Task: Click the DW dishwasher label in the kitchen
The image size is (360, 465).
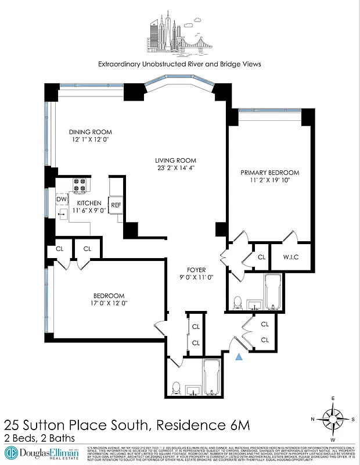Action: pos(60,199)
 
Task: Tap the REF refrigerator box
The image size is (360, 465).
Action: pos(116,205)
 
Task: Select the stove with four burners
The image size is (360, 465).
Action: pos(79,185)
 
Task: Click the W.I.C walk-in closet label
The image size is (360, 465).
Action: pos(291,256)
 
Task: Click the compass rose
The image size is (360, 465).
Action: pos(333,419)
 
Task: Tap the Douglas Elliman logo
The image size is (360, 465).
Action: pos(42,452)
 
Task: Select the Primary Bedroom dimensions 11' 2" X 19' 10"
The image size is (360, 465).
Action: pos(270,181)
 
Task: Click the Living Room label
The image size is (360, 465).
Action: pos(175,160)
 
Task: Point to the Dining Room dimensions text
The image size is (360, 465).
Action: pos(90,140)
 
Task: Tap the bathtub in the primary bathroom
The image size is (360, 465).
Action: pos(273,292)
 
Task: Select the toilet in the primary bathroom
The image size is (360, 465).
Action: pos(237,302)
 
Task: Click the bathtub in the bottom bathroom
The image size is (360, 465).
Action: pos(211,377)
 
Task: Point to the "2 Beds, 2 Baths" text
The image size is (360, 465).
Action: pos(39,438)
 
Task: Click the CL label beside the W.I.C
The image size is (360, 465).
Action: pos(261,256)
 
